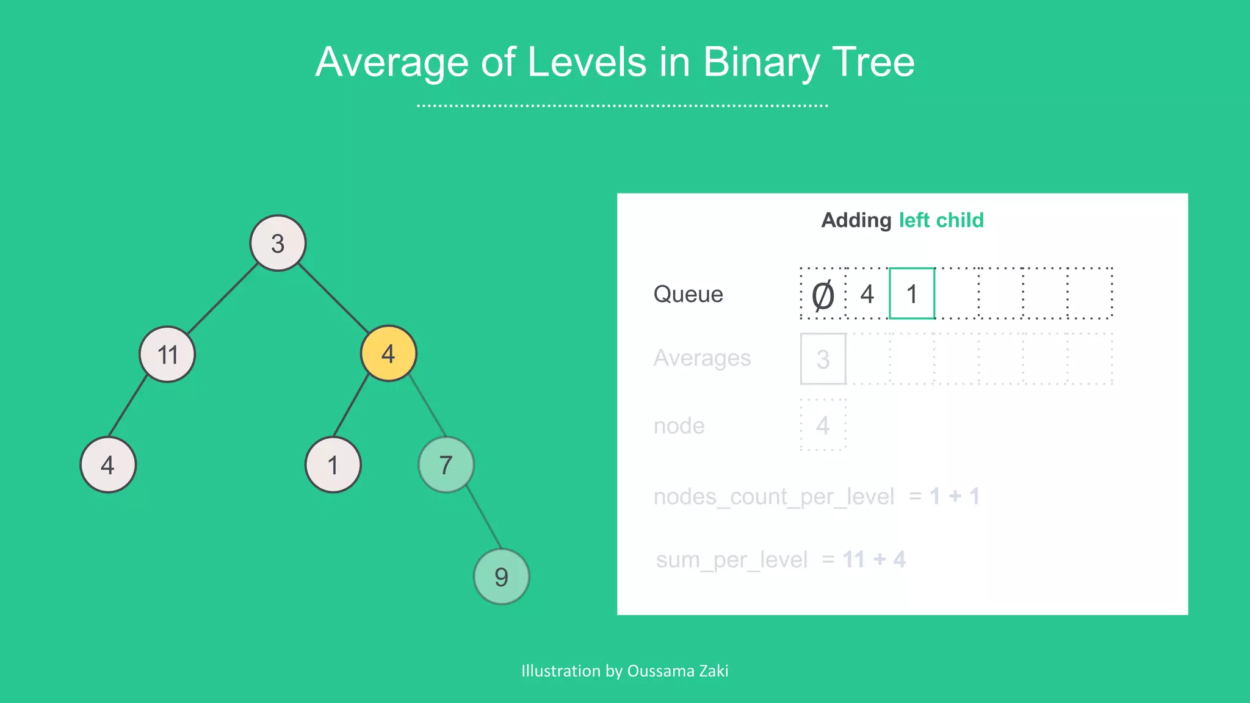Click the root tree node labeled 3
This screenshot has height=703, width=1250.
(278, 243)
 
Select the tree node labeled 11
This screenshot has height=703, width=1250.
(167, 354)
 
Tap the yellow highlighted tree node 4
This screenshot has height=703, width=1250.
(388, 353)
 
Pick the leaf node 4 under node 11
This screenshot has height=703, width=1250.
(108, 465)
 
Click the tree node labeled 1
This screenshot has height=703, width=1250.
(333, 465)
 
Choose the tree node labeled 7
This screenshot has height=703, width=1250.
(446, 465)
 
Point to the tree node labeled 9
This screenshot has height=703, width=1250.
(501, 577)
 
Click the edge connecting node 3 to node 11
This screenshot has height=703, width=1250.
(222, 299)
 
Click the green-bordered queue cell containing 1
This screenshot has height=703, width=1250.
(912, 294)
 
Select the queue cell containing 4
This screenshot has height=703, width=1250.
(867, 294)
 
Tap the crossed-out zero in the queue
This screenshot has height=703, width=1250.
(823, 295)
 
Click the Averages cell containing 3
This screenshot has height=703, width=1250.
(823, 359)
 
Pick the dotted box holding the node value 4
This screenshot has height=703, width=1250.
(823, 425)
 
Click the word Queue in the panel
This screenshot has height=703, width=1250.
(688, 294)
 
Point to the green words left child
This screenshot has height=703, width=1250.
(941, 220)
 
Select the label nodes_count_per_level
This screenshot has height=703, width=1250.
(773, 497)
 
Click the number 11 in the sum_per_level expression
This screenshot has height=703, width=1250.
(853, 559)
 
